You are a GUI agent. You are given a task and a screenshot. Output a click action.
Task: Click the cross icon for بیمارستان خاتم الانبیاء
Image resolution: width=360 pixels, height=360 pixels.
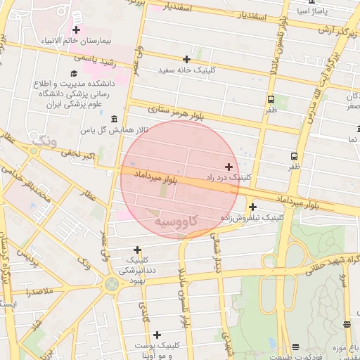click(76, 30)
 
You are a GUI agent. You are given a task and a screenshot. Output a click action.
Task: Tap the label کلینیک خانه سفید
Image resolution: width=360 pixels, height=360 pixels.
click(186, 70)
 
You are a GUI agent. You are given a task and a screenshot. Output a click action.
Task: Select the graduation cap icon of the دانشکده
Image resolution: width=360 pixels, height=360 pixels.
click(74, 73)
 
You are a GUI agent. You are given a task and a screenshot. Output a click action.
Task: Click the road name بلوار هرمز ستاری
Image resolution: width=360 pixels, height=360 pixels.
click(176, 112)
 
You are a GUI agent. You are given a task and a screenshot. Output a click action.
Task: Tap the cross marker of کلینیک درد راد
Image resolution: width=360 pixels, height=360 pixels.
click(229, 167)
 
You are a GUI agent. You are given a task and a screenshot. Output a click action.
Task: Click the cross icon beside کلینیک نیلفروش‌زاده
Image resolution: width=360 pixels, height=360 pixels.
click(252, 207)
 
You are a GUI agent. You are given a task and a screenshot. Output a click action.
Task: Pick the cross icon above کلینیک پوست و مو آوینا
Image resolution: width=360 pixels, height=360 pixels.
click(157, 335)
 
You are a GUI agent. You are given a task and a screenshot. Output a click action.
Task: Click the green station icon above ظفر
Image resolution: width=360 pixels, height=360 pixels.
click(271, 99)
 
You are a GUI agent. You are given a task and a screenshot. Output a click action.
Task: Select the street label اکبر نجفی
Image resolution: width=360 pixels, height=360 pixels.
click(75, 153)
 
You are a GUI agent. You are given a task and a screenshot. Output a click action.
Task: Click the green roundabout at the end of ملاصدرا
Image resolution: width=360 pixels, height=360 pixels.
click(111, 284)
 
